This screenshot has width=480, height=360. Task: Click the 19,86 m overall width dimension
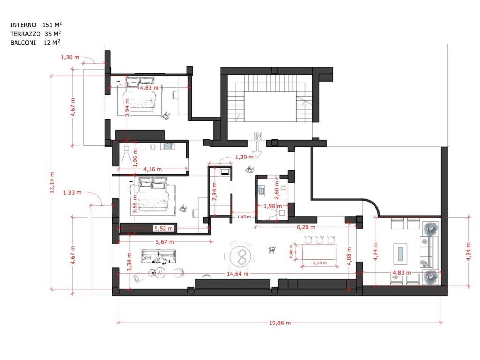[280, 322]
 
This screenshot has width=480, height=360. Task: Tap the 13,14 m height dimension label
[52, 182]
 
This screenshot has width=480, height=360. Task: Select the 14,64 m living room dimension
[238, 274]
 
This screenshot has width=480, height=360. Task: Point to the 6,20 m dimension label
[306, 227]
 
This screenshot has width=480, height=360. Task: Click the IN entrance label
[258, 136]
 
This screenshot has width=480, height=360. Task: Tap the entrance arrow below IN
[258, 150]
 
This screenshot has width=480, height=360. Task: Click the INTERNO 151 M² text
[36, 24]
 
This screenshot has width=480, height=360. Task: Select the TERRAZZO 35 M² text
[36, 33]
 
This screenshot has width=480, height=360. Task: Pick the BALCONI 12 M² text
[35, 42]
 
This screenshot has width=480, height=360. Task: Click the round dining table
[242, 256]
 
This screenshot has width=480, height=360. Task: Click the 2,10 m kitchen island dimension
[320, 263]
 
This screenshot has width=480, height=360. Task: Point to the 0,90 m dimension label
[291, 251]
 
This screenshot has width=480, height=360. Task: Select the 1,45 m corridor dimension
[244, 217]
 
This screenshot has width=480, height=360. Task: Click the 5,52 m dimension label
[164, 228]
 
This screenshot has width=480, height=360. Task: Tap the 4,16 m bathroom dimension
[152, 169]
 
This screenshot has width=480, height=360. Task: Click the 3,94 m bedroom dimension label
[127, 107]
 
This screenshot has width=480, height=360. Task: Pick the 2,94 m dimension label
[214, 192]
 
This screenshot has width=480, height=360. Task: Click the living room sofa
[159, 256]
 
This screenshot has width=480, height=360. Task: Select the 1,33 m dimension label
[72, 193]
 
